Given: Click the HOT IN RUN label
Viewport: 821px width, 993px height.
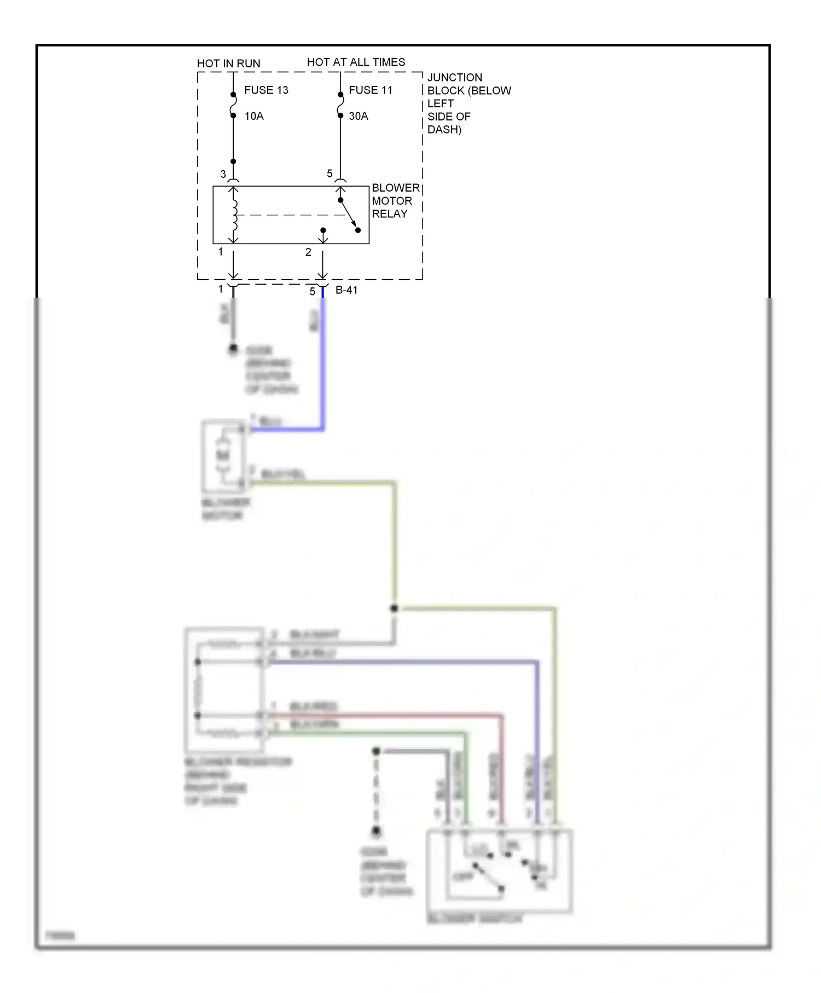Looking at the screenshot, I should (228, 63).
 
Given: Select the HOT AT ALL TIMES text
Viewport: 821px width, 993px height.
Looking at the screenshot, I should (356, 62).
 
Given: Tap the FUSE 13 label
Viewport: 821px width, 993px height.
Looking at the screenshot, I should (266, 90).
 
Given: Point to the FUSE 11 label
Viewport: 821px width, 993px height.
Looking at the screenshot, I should (371, 90).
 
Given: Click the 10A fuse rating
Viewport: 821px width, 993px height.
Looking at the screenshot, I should (254, 116).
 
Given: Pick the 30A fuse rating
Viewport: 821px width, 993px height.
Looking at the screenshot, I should (359, 116).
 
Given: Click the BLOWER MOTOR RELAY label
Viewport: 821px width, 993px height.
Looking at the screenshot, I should (395, 201).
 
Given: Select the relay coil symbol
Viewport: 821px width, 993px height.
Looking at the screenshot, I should (235, 215).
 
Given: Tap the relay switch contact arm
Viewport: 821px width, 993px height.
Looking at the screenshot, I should (349, 215).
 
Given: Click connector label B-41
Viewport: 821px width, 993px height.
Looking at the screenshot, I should (346, 290).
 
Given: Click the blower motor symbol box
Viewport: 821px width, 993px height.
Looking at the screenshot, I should (223, 456).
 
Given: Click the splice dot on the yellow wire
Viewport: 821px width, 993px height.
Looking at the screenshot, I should (394, 608).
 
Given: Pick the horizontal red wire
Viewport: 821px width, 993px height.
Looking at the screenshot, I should (383, 715).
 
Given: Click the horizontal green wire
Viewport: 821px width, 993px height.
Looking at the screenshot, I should (367, 733).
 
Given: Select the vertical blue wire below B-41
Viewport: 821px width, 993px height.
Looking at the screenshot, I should (323, 361).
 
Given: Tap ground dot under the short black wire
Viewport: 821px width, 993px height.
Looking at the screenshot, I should (233, 348).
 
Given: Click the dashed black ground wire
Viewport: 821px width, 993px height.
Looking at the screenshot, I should (376, 791).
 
